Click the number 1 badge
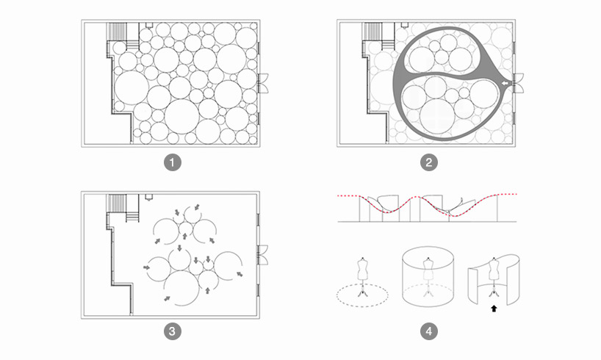(x=172, y=162)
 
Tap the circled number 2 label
(x=428, y=162)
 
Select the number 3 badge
(x=172, y=331)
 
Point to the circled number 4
(x=428, y=331)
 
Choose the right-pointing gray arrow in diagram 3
(x=148, y=267)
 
